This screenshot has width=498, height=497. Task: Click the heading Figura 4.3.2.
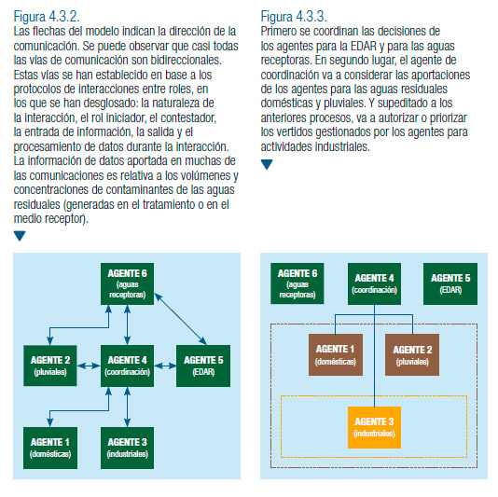(47, 17)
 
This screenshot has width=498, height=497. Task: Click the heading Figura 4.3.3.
(294, 17)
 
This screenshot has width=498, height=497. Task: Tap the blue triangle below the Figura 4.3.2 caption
(20, 236)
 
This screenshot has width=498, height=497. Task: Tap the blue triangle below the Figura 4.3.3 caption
(267, 164)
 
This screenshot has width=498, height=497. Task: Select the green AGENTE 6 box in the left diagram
(128, 283)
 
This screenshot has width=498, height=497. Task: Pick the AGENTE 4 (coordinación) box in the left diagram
(128, 366)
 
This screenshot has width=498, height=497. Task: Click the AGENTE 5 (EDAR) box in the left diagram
(203, 366)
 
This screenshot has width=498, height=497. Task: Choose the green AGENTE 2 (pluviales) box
(50, 366)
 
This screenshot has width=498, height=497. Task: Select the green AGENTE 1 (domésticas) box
(50, 448)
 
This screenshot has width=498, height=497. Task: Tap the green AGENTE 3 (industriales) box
(128, 448)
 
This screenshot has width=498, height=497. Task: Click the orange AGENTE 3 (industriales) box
(374, 427)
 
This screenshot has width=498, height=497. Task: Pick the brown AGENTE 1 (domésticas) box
(336, 354)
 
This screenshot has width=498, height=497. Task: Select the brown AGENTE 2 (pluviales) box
(412, 354)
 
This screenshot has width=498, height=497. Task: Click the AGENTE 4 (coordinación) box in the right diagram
(374, 283)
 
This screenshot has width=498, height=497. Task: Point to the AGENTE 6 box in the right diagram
(297, 283)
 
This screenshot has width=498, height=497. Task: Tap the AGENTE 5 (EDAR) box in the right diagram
(450, 283)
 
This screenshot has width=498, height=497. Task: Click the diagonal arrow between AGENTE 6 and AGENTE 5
(180, 319)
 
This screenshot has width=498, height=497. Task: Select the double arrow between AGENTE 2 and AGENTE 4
(89, 366)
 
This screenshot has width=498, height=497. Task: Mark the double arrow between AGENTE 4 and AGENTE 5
(165, 366)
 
